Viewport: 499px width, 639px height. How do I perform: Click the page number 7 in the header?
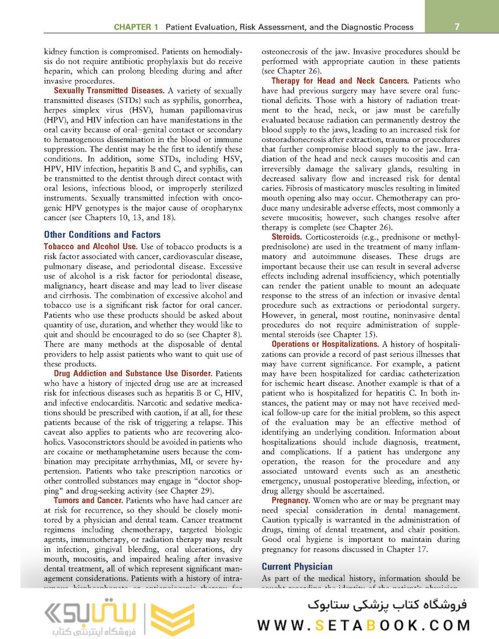pyautogui.click(x=458, y=27)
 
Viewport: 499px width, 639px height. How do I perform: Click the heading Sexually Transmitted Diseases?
pyautogui.click(x=109, y=91)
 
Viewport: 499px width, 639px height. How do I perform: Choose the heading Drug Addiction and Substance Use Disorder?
pyautogui.click(x=133, y=373)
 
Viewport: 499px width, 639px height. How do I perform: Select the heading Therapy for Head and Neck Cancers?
pyautogui.click(x=340, y=80)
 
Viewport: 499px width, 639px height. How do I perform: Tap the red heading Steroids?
pyautogui.click(x=287, y=237)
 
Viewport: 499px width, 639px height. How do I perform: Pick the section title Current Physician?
pyautogui.click(x=297, y=566)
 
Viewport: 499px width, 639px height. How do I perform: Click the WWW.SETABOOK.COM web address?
pyautogui.click(x=364, y=625)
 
